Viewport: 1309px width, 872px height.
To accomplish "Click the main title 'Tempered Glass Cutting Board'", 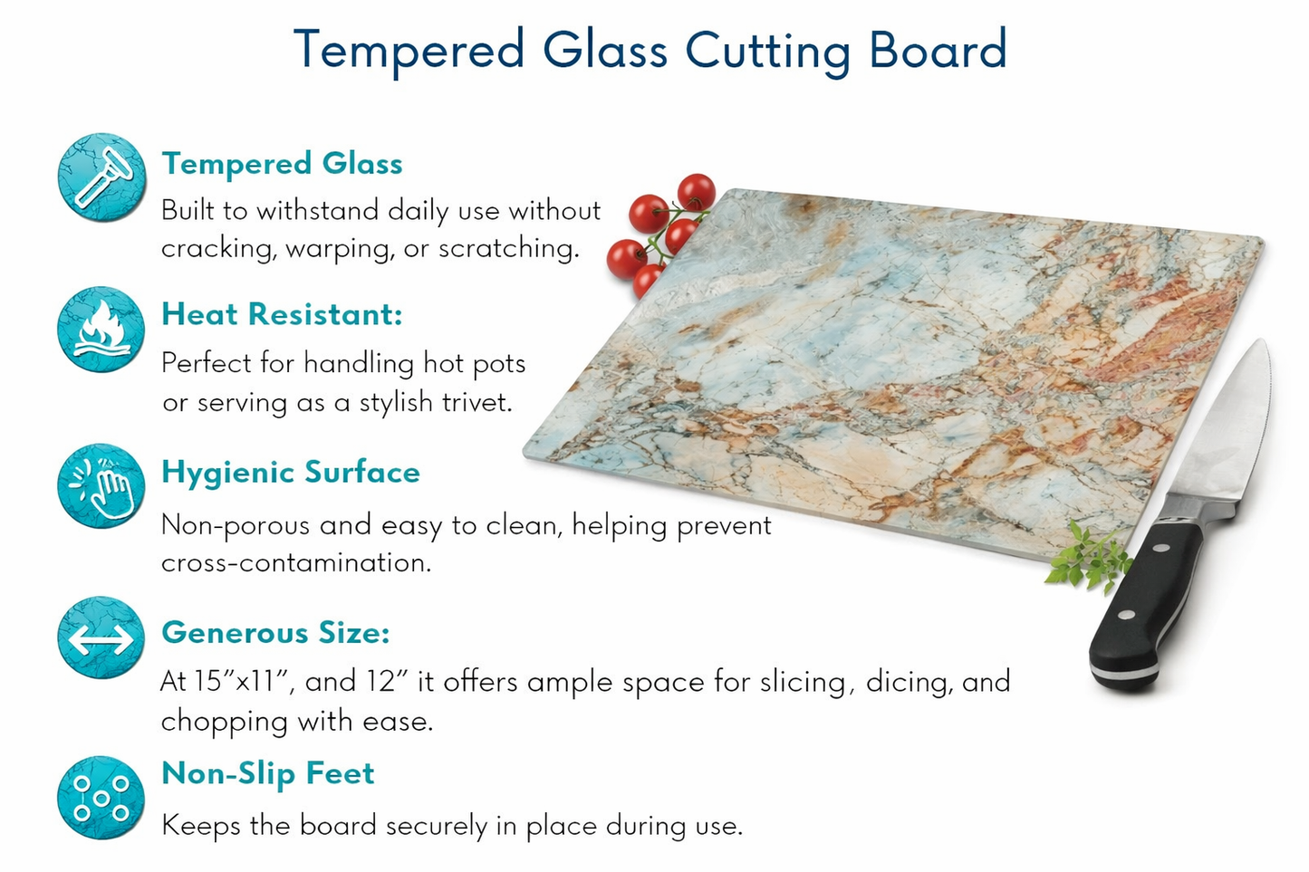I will click(650, 50).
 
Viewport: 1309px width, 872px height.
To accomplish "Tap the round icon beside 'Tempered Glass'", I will click(101, 177).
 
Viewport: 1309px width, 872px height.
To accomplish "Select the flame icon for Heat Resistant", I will click(101, 331).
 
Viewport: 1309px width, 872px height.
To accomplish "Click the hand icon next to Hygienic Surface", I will click(101, 486).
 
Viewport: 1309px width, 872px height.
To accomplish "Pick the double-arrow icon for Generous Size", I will click(101, 638).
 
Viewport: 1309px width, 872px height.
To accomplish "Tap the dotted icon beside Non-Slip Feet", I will click(101, 798).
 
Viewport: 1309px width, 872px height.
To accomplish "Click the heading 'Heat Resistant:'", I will click(282, 314).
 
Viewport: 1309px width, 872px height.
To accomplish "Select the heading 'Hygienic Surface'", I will click(290, 473).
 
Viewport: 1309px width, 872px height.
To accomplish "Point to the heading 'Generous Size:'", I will click(275, 632).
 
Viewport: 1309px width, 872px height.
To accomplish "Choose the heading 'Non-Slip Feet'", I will click(267, 773).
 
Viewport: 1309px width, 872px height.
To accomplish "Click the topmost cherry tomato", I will click(696, 192).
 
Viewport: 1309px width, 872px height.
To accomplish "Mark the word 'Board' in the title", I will click(938, 50).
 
